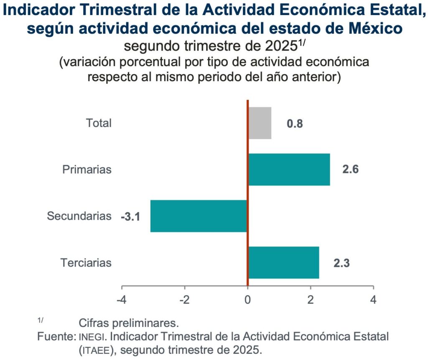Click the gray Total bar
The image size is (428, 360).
260,123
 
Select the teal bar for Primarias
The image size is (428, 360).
289,170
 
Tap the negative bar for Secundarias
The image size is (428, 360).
199,216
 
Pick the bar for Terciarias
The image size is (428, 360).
283,263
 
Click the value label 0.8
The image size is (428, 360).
295,124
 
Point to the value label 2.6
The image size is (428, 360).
350,170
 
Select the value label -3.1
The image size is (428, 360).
130,217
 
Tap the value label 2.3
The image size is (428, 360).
341,264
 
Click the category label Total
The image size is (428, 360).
99,123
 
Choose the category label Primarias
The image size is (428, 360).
87,170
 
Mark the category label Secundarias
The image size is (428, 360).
79,216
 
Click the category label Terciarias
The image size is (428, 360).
86,263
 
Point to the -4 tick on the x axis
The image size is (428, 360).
122,300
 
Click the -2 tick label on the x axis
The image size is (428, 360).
184,300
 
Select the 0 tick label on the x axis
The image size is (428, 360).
247,300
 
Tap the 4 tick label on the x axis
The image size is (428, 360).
373,300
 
